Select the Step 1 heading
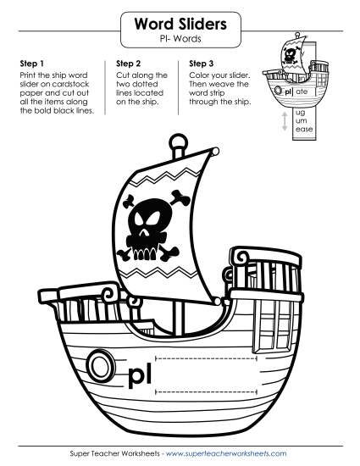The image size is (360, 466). point(31,63)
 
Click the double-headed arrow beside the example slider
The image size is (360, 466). point(285,121)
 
